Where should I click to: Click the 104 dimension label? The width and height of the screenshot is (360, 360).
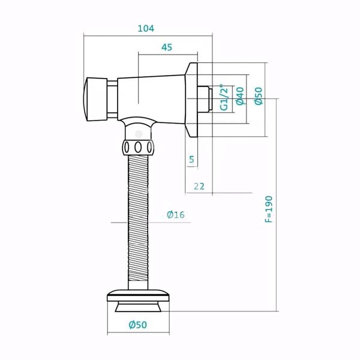coord(146,28)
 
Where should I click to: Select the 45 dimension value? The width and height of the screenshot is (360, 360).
coord(167,47)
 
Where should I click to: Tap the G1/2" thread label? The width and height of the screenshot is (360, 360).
coord(224,97)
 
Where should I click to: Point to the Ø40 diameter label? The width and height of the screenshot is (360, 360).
coord(240,96)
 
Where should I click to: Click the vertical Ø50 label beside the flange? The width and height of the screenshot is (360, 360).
coord(259,96)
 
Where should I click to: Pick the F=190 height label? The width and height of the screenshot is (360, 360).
coord(269,209)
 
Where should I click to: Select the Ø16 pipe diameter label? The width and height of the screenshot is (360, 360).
coord(176,215)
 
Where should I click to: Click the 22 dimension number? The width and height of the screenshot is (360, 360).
coord(199,186)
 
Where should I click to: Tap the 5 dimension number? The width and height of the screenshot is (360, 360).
coord(191,159)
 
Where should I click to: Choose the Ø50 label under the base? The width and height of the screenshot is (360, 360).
coord(138,325)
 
